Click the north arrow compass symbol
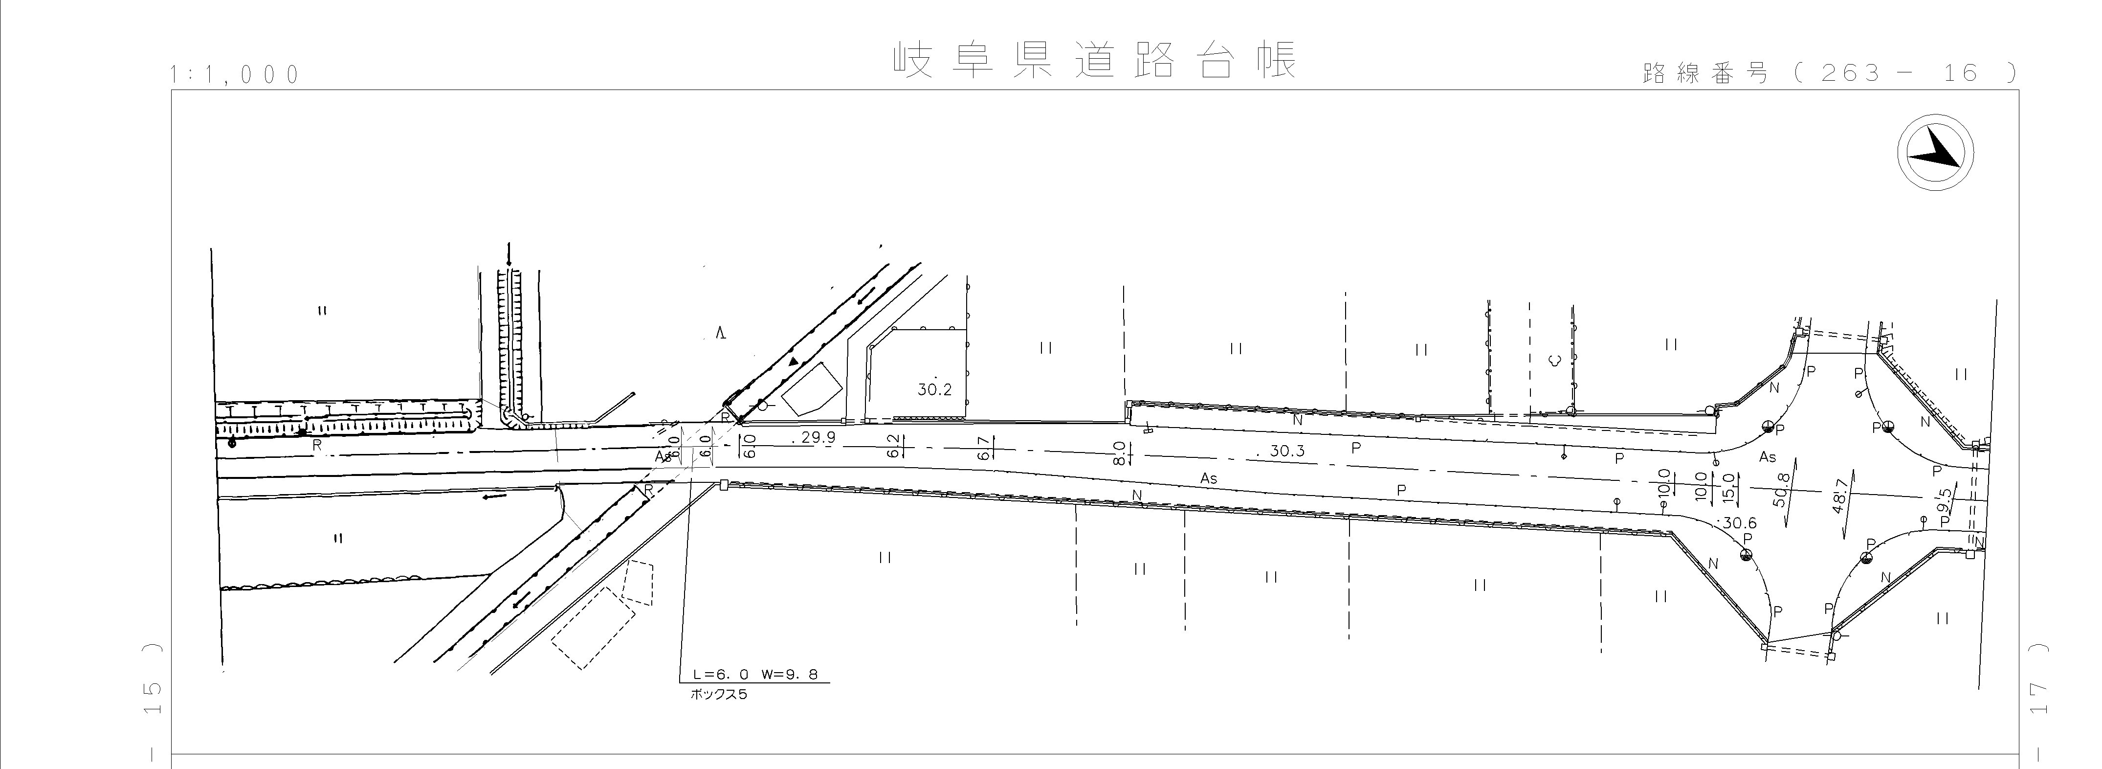[1935, 154]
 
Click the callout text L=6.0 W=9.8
[755, 675]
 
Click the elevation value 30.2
[934, 389]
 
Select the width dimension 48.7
[1839, 497]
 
